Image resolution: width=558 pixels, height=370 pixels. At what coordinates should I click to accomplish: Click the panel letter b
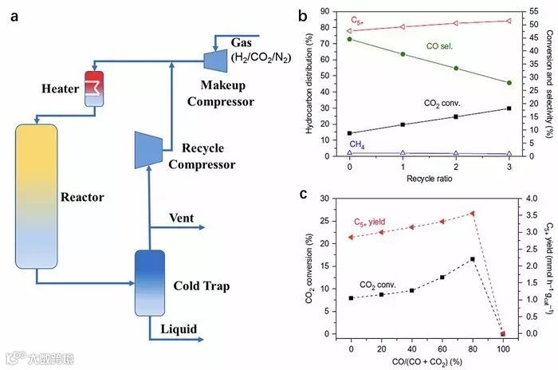[302, 14]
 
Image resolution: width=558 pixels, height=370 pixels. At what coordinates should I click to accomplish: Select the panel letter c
[303, 193]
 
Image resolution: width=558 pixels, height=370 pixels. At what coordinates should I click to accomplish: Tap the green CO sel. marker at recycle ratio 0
[349, 39]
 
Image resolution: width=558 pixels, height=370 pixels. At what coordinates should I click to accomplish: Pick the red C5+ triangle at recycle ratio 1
[403, 27]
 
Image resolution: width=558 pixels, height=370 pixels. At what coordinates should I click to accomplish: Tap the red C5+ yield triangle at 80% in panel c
[473, 213]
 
